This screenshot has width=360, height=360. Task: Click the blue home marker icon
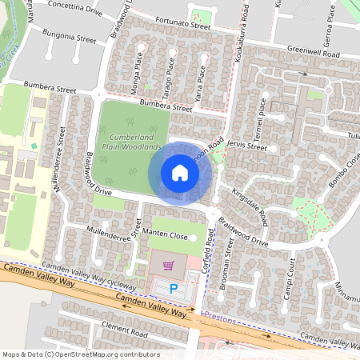(179, 173)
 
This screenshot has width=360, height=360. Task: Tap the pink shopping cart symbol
(168, 266)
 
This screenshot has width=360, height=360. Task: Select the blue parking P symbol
(173, 286)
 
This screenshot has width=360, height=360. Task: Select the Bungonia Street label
(70, 38)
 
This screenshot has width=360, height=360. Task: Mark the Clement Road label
(124, 330)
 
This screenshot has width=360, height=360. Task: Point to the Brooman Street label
(229, 268)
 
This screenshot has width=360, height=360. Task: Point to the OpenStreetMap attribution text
(81, 354)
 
